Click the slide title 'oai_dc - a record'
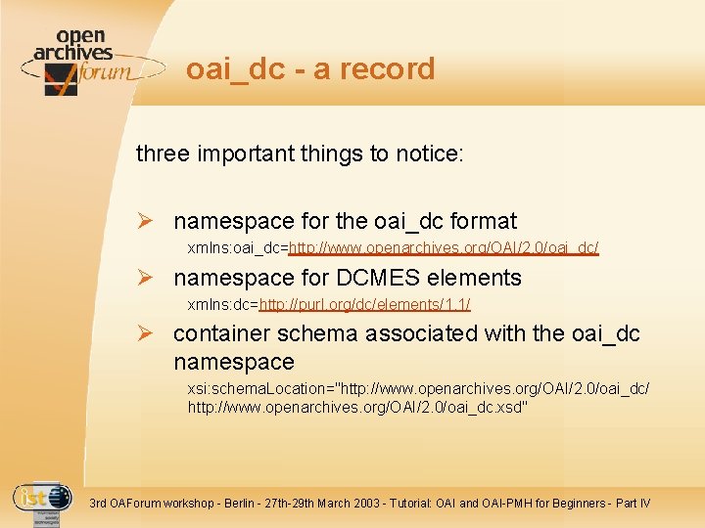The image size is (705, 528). [310, 68]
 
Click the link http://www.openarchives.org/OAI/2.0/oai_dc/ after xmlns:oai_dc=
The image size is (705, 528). [444, 249]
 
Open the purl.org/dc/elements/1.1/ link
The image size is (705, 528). [365, 305]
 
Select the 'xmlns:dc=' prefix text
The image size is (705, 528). [223, 305]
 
